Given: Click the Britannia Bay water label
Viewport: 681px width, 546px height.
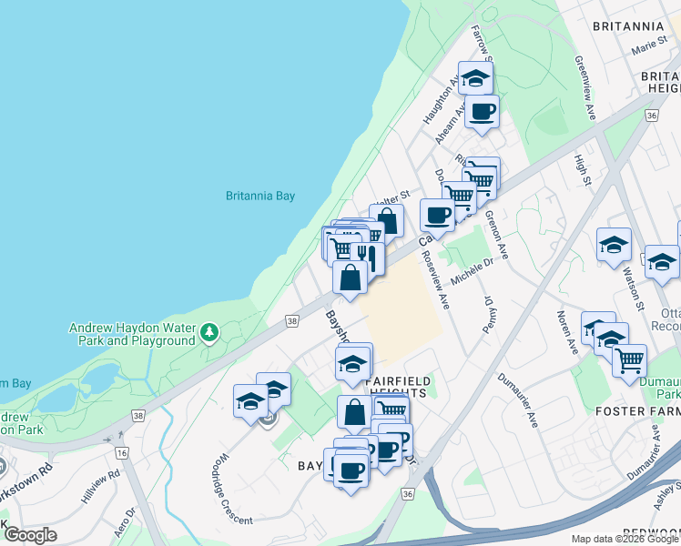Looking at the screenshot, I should pyautogui.click(x=260, y=195).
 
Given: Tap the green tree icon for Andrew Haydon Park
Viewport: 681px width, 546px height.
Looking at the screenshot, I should pyautogui.click(x=210, y=331).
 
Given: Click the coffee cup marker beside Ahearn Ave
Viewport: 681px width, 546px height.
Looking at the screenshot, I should pyautogui.click(x=482, y=112).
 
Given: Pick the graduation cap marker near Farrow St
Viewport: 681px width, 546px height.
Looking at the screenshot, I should pyautogui.click(x=475, y=77).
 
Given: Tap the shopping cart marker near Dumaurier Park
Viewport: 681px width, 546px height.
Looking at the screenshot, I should pyautogui.click(x=629, y=360).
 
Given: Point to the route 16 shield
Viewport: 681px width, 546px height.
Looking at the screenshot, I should pyautogui.click(x=121, y=451).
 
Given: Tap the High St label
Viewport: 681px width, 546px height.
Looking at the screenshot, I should pyautogui.click(x=583, y=167).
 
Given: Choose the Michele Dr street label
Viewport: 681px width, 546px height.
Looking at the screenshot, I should pyautogui.click(x=473, y=265).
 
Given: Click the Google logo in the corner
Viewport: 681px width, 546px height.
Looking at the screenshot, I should pyautogui.click(x=30, y=535).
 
